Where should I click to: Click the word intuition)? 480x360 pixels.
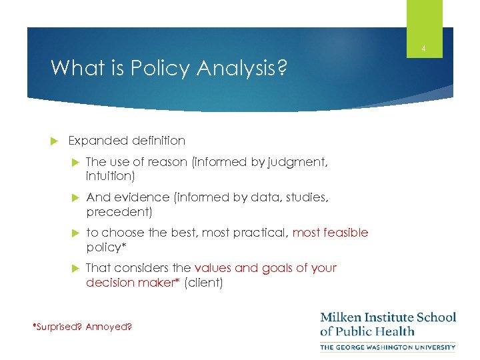110,176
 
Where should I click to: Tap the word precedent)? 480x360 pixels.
119,212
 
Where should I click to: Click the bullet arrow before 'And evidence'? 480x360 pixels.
75,198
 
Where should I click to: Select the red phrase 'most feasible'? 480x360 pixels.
330,232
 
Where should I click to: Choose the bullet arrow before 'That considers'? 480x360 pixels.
75,268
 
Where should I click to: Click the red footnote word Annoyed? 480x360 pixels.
109,327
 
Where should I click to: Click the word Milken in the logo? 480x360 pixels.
341,317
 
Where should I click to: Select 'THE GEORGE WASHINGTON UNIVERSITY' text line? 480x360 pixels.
388,347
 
